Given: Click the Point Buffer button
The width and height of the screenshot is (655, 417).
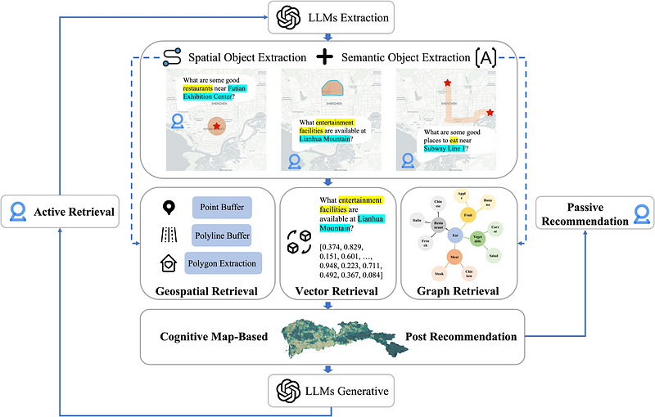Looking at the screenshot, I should (x=223, y=208).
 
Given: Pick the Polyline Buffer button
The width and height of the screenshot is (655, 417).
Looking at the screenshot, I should (x=223, y=235).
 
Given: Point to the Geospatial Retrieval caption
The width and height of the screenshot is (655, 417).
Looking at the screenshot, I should (x=206, y=290).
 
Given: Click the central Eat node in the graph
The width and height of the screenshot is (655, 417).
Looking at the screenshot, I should (x=453, y=235).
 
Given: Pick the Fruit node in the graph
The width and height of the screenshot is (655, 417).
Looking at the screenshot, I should (x=468, y=214).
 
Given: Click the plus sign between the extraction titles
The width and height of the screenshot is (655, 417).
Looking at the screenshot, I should (x=325, y=57).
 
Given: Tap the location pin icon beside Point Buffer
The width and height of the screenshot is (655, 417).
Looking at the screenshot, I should (x=168, y=208).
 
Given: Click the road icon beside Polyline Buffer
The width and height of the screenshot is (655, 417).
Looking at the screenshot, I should (x=169, y=235).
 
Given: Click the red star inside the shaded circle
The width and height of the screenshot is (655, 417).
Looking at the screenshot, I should (x=216, y=127).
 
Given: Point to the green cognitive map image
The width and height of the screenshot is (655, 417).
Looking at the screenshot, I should (x=337, y=336).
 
